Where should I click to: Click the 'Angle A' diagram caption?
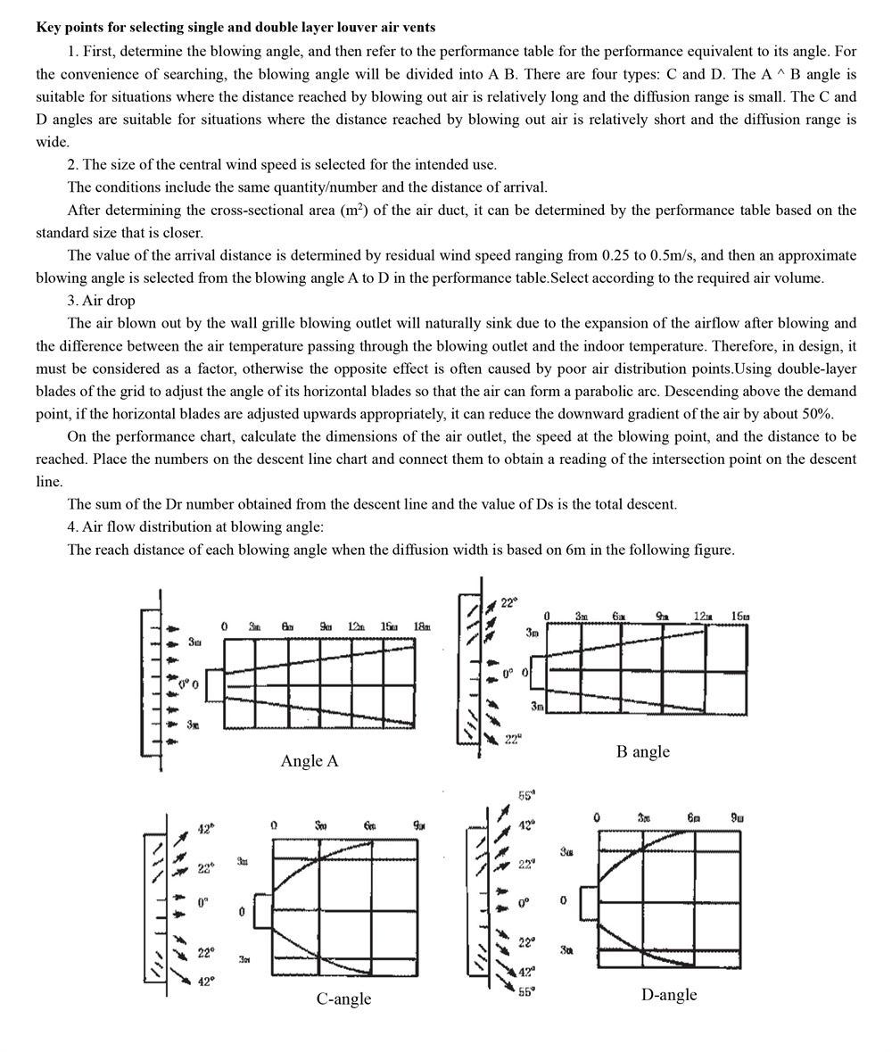click(x=309, y=761)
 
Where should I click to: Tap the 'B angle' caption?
click(x=642, y=751)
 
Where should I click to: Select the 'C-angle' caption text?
click(x=343, y=998)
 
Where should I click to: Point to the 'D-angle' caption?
click(x=668, y=995)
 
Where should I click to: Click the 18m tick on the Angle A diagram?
click(x=421, y=627)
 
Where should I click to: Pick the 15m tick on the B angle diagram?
click(x=740, y=617)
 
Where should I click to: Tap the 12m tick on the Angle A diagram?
click(x=356, y=627)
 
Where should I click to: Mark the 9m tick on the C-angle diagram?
click(x=418, y=825)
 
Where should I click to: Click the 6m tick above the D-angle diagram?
click(x=693, y=817)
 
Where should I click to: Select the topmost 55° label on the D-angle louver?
click(x=526, y=795)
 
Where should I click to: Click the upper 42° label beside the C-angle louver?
click(x=205, y=830)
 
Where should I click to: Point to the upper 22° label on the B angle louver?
click(x=508, y=603)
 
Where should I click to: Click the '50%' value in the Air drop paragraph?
click(x=816, y=413)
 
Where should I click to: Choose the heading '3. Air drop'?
click(x=101, y=301)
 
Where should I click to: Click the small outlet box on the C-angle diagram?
click(x=261, y=911)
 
